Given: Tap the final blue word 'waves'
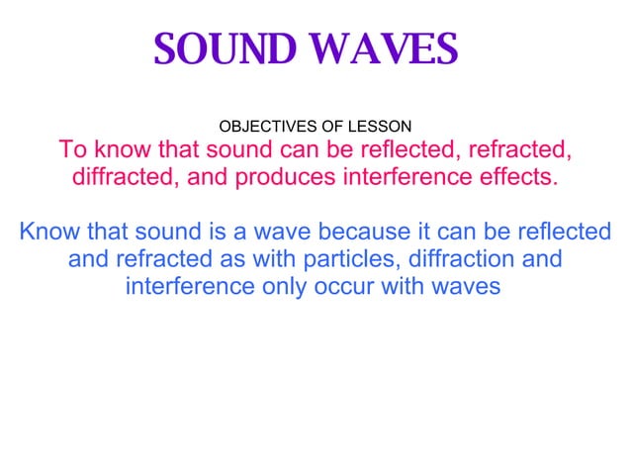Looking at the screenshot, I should [x=469, y=287].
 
